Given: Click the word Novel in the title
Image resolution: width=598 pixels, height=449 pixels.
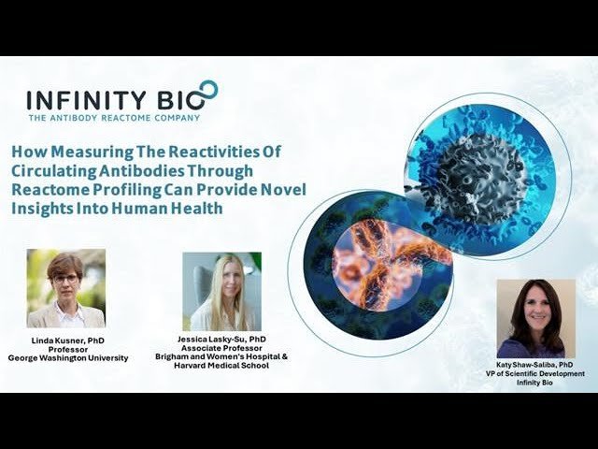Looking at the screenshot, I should pyautogui.click(x=279, y=190).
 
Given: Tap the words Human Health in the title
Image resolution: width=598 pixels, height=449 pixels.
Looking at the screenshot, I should pyautogui.click(x=178, y=209).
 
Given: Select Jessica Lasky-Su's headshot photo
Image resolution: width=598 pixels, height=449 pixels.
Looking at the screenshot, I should pyautogui.click(x=221, y=291).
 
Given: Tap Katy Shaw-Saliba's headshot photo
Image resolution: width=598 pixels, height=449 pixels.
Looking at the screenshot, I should pyautogui.click(x=535, y=318).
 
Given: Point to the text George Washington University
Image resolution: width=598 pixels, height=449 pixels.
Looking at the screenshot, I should pyautogui.click(x=67, y=358).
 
